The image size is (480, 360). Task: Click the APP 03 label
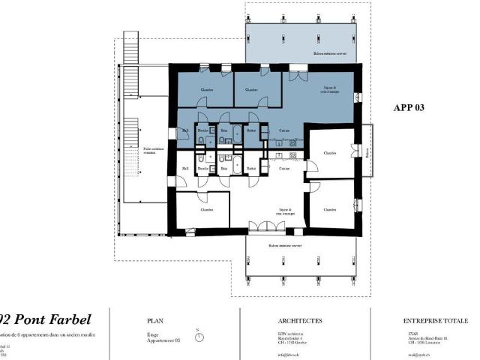[x=409, y=107]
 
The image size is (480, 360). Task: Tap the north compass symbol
[x=199, y=337]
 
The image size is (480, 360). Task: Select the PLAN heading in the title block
[x=155, y=320]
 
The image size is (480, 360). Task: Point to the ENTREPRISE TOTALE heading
[x=436, y=320]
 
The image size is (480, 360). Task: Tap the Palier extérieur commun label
[x=153, y=150]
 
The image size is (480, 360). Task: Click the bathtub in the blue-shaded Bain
[x=238, y=136]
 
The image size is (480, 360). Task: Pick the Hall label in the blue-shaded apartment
[x=185, y=131]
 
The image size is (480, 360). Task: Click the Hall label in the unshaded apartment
[x=185, y=169]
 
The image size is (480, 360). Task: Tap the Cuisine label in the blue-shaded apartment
[x=284, y=130]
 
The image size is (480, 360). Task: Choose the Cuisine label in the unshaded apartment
[x=284, y=169]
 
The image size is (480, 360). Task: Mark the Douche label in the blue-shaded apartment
[x=202, y=130]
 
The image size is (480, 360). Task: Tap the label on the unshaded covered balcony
[x=285, y=245]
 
